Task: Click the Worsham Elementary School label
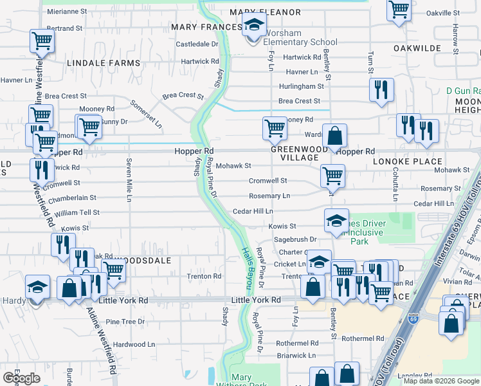click(293, 37)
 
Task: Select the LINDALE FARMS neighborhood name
click(103, 63)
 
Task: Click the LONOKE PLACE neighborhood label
click(405, 161)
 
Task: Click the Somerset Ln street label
click(147, 113)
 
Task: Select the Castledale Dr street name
click(197, 44)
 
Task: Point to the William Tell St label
click(77, 212)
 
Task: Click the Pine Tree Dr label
click(125, 321)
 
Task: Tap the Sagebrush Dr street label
click(296, 239)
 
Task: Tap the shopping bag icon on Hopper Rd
click(334, 136)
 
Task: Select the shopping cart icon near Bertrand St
click(42, 42)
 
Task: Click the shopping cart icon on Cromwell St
click(332, 174)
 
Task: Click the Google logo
click(21, 378)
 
